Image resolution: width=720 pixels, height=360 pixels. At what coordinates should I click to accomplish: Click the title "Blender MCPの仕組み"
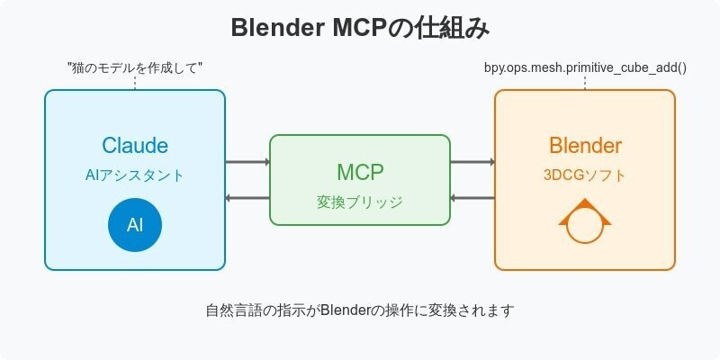click(x=360, y=28)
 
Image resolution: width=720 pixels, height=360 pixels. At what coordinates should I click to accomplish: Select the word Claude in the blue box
click(x=135, y=146)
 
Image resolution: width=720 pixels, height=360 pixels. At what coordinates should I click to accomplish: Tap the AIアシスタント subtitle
click(x=135, y=175)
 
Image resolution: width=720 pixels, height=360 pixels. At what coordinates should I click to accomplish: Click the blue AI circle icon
click(x=135, y=224)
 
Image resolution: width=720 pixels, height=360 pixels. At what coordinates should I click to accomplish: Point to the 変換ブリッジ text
click(x=360, y=202)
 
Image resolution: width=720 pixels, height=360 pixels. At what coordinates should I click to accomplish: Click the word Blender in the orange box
click(x=585, y=146)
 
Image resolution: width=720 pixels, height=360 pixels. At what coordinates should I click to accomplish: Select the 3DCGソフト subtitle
click(x=585, y=175)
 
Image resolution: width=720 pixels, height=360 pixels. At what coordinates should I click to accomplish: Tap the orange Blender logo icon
click(x=585, y=225)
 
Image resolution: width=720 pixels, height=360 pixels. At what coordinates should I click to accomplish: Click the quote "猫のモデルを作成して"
click(x=135, y=67)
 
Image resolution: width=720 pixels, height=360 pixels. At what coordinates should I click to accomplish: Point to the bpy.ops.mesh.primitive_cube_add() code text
click(x=585, y=67)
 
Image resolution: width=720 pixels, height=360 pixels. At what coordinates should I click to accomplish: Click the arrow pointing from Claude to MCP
click(x=247, y=162)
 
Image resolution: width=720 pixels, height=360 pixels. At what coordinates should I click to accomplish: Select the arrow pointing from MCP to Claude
click(x=247, y=198)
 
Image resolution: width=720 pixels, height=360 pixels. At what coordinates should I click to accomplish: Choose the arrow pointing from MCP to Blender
click(x=472, y=162)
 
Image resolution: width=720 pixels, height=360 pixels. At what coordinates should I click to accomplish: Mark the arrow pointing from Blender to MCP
click(x=472, y=198)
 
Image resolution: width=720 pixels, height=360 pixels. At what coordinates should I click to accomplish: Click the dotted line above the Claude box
click(x=135, y=83)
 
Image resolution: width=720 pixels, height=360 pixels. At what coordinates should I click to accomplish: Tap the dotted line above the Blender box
click(x=585, y=83)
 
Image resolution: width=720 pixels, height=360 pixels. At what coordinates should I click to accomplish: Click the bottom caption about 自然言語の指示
click(x=360, y=310)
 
